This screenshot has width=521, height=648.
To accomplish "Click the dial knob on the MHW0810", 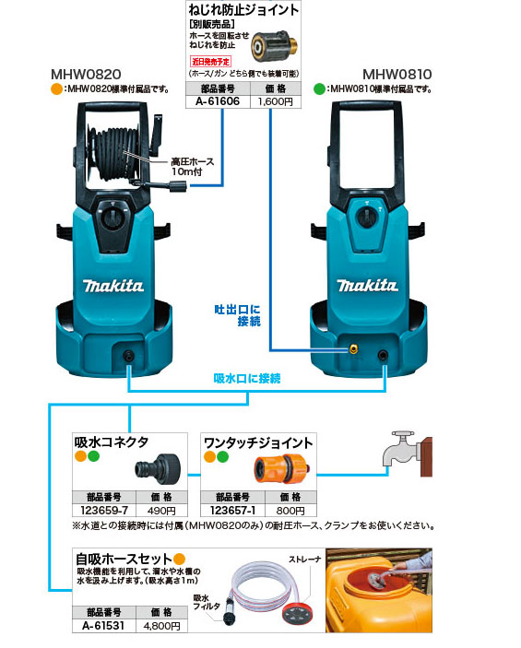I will coord(369,211).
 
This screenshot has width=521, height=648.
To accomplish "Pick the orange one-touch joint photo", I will coord(280,470).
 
